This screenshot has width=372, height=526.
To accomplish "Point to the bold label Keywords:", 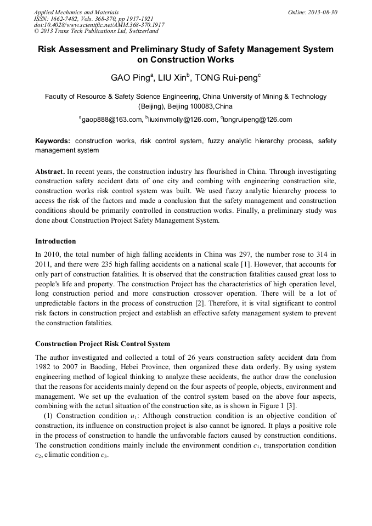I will tap(53, 141).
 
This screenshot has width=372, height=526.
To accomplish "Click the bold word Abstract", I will tap(50, 172).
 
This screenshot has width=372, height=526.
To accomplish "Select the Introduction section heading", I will tap(55, 241).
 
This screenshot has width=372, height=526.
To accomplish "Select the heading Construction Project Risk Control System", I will tap(103, 344).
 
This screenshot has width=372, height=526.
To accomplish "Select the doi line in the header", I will tap(99, 25).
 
